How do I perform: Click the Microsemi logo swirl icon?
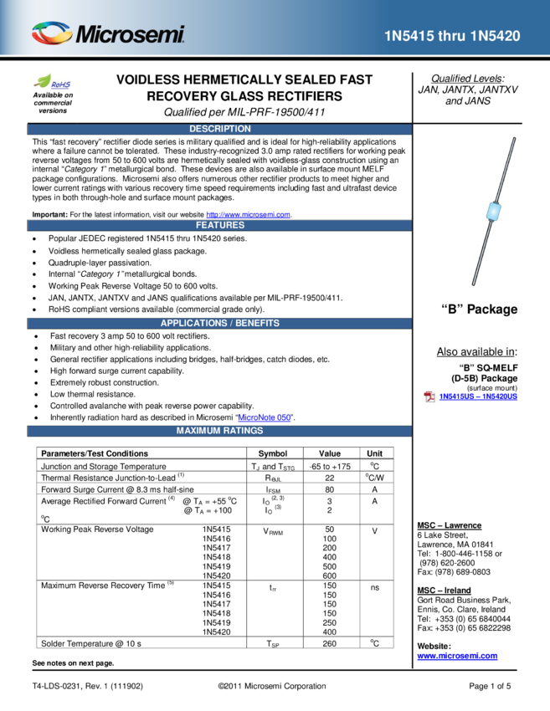(x=52, y=33)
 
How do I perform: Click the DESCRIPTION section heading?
(x=219, y=129)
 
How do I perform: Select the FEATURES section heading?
(x=219, y=225)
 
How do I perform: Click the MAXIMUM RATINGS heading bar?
(x=219, y=431)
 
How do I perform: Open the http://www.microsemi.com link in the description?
(x=249, y=214)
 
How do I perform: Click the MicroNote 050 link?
(x=264, y=417)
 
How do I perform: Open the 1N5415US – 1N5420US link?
(x=478, y=396)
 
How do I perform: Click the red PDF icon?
(x=429, y=396)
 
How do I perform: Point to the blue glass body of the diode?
(x=493, y=212)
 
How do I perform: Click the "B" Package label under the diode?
(x=479, y=309)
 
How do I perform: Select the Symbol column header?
(x=273, y=453)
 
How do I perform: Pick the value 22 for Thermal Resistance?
(x=330, y=478)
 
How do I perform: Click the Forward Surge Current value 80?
(x=330, y=489)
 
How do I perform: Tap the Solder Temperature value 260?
(x=330, y=644)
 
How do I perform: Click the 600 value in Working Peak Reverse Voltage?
(x=330, y=575)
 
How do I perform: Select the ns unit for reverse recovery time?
(x=375, y=588)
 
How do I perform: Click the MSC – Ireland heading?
(x=444, y=591)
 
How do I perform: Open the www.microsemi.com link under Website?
(x=457, y=656)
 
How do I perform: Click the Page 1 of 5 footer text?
(x=490, y=686)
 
